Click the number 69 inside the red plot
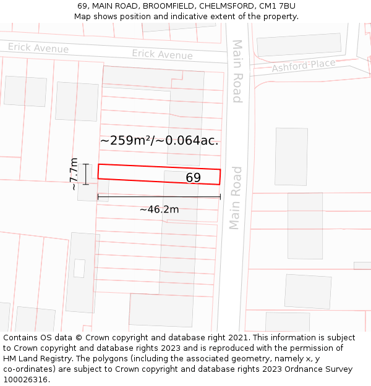(x=193, y=178)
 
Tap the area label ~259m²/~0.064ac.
(x=160, y=141)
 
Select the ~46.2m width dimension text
(x=159, y=209)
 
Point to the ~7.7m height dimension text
(x=74, y=174)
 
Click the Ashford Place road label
(x=303, y=65)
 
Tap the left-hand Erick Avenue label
(x=38, y=48)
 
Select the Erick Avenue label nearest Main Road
(x=162, y=54)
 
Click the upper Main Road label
(x=237, y=71)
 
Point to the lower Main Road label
(x=236, y=198)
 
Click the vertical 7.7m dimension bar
(x=86, y=174)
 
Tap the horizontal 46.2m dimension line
(x=159, y=197)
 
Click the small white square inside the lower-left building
(x=79, y=268)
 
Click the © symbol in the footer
(x=79, y=338)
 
